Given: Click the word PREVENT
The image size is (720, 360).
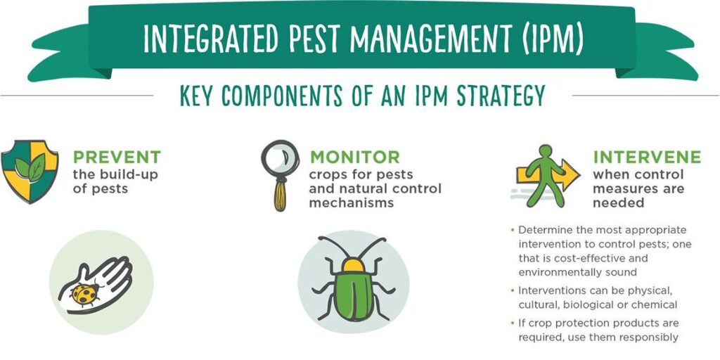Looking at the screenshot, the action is tap(117, 157).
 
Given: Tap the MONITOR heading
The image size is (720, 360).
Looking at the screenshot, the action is tap(354, 157).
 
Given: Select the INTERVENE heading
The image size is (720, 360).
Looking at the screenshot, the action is tap(647, 157).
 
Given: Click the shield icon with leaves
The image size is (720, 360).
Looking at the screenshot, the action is tap(30, 171).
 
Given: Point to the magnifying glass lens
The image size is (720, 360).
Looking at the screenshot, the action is tap(280, 158).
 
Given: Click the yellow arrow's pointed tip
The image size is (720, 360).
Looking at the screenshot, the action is tap(580, 175).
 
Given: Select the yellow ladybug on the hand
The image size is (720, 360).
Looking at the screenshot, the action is tap(85, 293).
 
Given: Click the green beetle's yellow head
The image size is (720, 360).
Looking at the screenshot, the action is tap(354, 264).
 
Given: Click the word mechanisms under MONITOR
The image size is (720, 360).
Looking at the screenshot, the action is tap(352, 202).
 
